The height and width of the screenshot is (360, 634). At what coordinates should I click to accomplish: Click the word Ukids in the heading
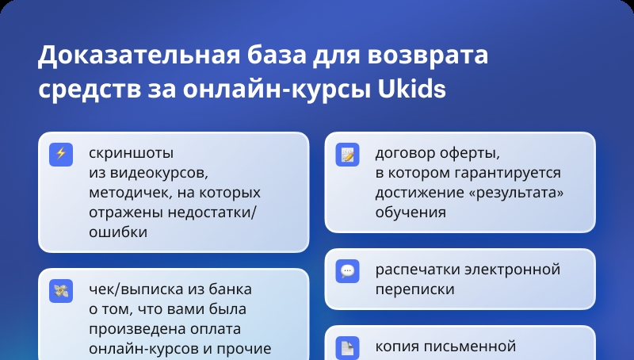click(x=411, y=90)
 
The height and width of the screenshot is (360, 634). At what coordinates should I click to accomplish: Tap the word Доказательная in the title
click(x=139, y=55)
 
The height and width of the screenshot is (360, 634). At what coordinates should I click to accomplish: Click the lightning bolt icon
click(x=61, y=155)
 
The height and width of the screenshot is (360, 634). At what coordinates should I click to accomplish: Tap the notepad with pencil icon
click(x=347, y=155)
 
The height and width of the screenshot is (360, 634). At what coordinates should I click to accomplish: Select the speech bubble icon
click(x=347, y=271)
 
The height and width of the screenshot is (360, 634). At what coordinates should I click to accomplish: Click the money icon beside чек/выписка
click(x=61, y=291)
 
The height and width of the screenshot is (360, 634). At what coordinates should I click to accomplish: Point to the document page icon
click(x=347, y=347)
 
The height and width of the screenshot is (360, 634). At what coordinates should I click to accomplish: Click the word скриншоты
click(x=131, y=154)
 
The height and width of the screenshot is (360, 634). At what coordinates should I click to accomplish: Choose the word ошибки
click(x=118, y=232)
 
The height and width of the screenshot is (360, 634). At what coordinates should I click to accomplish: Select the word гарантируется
click(x=507, y=174)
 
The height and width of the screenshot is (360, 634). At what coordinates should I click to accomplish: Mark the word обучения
click(x=411, y=213)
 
